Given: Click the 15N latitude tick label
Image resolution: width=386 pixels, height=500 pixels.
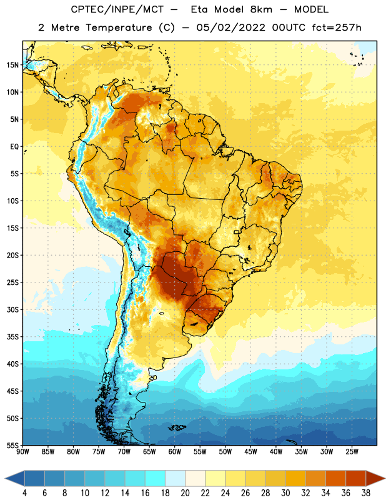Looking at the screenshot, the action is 12,65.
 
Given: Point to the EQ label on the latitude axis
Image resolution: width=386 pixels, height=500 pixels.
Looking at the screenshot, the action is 14,147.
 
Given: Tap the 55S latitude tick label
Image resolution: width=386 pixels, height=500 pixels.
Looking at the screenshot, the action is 12,445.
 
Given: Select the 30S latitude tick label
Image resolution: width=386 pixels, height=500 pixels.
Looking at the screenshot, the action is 12,309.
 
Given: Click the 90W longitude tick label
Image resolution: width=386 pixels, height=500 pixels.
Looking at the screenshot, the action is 22,452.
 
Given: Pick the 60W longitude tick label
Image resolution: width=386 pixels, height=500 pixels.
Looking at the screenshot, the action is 175,452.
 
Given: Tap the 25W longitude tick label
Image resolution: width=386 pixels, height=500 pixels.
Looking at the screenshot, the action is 352,452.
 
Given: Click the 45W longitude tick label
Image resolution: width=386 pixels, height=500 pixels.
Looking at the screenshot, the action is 250,452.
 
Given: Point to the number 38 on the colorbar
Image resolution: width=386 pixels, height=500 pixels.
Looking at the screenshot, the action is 366,493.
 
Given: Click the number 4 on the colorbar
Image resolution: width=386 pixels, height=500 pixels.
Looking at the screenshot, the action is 24,493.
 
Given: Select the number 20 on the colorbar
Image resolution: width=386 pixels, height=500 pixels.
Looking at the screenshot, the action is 185,493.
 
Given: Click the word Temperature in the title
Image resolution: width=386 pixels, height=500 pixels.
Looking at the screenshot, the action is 119,27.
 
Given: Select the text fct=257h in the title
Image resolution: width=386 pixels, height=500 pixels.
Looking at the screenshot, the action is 337,27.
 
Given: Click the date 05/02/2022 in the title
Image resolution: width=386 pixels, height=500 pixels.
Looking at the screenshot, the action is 230,27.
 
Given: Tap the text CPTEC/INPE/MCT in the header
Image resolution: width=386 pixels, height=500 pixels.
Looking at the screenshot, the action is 117,9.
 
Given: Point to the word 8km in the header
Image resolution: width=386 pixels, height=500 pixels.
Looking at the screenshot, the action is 261,9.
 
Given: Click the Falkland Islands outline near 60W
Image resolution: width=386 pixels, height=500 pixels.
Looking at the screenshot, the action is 177,427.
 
